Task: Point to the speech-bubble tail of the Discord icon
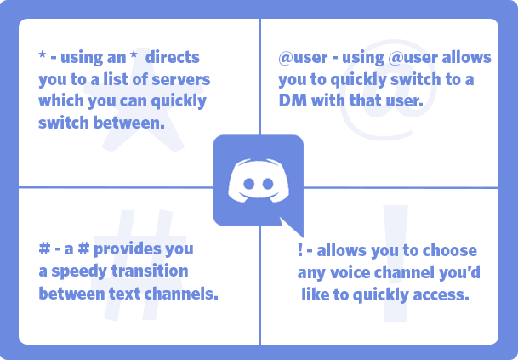[x=293, y=230]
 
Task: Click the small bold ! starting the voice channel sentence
[x=300, y=251]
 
